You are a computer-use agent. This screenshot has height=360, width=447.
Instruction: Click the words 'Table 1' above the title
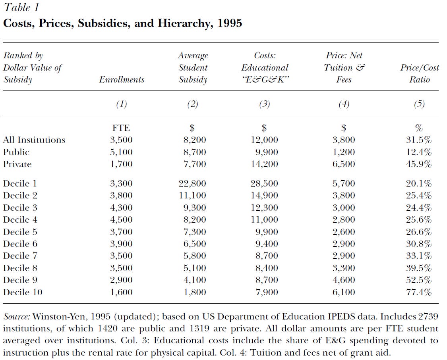point(21,8)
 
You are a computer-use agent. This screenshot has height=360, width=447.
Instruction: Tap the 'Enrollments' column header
point(122,80)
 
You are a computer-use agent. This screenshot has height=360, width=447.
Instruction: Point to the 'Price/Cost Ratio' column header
point(419,73)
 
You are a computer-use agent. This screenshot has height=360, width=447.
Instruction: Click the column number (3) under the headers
point(264,104)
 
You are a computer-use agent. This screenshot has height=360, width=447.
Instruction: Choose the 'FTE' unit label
point(121,128)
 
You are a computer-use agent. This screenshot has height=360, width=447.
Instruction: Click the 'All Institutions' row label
point(34,140)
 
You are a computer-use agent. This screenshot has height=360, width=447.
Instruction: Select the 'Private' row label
point(17,164)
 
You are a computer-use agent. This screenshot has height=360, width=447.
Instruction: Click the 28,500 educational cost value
point(265,184)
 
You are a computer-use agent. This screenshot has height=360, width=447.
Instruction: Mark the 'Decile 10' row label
point(23,293)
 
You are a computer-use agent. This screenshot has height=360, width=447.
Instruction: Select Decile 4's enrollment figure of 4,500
point(121,220)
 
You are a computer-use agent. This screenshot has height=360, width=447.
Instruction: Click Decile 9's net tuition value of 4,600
point(344,280)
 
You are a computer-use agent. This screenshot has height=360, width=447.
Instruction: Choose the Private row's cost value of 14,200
point(265,164)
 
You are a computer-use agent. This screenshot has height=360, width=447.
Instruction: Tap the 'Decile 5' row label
point(21,232)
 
